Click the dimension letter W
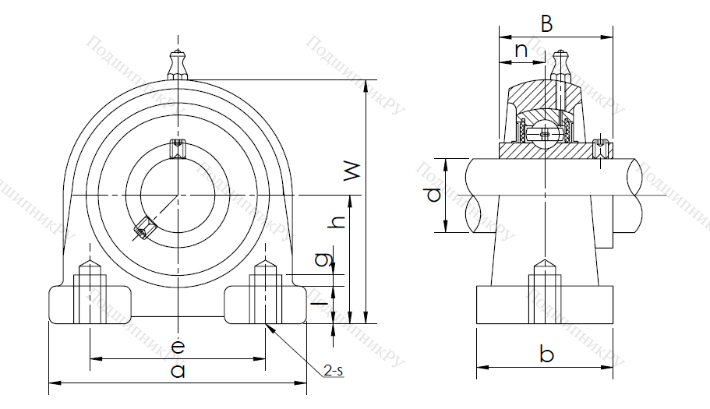pos(354,172)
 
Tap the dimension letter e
pos(178,346)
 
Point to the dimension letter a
pos(178,371)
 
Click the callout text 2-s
pos(334,372)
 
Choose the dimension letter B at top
pos(546,24)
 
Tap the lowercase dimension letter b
pos(546,355)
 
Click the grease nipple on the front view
pos(178,64)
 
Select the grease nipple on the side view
pos(559,64)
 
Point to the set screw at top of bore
pos(178,146)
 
